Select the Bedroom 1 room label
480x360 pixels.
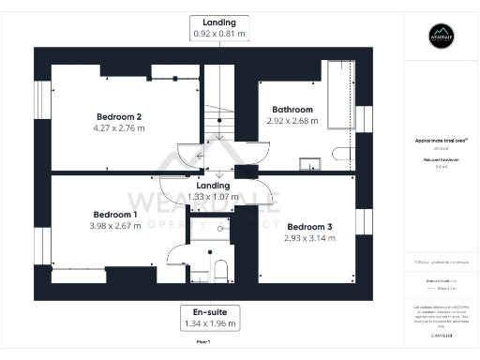tap(115, 215)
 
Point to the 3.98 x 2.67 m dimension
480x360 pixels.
tap(115, 226)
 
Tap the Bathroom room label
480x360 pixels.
tap(287, 110)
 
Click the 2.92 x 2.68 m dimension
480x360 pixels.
tap(287, 120)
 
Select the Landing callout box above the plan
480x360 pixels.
tap(220, 27)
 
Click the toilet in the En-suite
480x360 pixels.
tap(220, 271)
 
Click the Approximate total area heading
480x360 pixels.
tap(440, 141)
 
